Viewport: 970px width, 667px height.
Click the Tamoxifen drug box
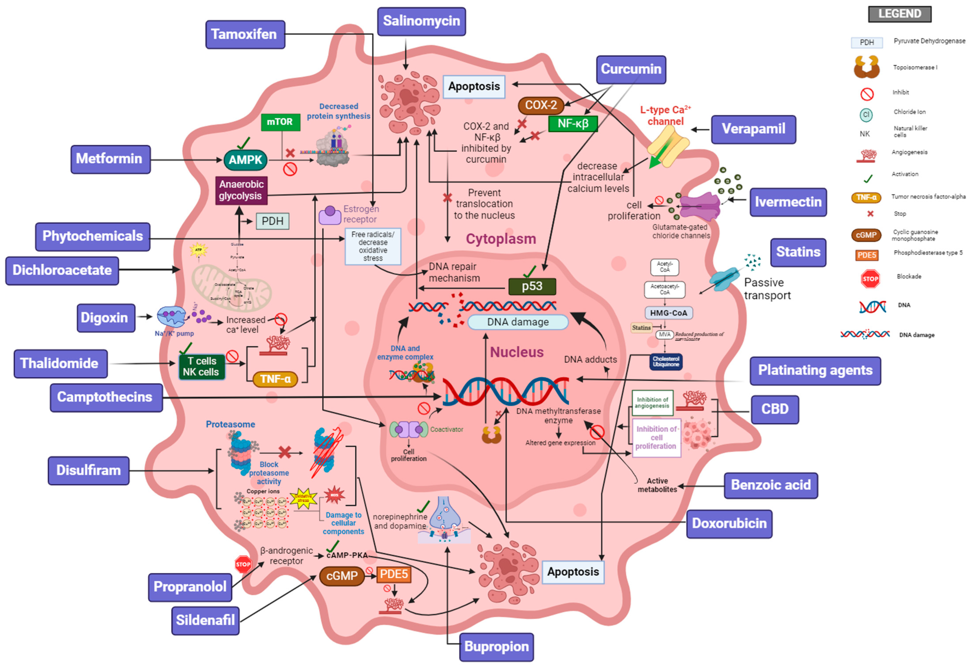tap(245, 34)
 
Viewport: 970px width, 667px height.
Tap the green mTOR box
tap(280, 122)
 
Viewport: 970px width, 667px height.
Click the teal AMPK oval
tap(245, 160)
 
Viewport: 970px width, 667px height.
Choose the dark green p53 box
tap(532, 286)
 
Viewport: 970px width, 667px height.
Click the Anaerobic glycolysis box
tap(241, 190)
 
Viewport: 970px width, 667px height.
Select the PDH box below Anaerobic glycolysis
tap(272, 221)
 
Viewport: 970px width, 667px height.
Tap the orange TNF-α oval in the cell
tap(275, 379)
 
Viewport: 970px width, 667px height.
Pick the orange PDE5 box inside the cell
tap(393, 575)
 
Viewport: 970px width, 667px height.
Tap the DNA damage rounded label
tap(518, 322)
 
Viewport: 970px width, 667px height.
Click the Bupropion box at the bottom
tap(496, 646)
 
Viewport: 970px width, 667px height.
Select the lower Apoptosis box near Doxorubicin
tap(573, 572)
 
